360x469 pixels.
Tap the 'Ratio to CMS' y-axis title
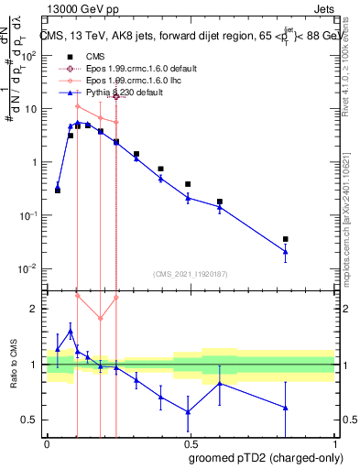tap(16, 365)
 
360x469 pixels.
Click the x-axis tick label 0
tap(47, 442)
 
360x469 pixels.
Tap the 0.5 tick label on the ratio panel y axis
tap(30, 420)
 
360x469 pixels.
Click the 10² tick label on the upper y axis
tap(30, 56)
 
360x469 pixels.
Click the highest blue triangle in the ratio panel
tap(71, 332)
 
